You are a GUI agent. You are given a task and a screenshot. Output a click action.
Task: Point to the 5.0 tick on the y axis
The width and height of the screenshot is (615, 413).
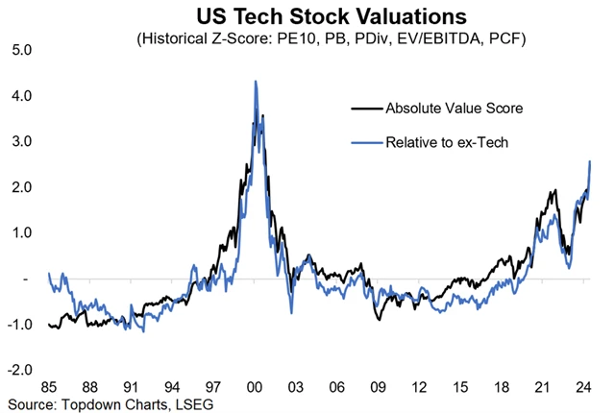click(20, 50)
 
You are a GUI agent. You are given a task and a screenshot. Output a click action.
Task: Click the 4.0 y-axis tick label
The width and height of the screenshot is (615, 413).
click(20, 96)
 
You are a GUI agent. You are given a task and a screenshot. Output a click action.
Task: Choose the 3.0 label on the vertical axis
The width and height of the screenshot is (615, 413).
click(20, 141)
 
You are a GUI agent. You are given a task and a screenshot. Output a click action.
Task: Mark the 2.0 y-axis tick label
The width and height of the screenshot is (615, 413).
click(20, 187)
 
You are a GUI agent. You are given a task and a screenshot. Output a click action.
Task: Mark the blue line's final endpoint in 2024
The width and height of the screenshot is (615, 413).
click(589, 161)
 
